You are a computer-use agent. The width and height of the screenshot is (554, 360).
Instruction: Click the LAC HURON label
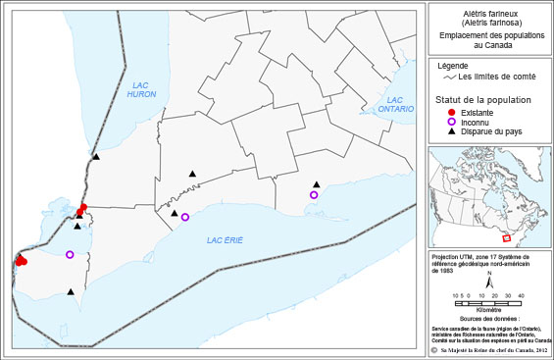click(x=143, y=94)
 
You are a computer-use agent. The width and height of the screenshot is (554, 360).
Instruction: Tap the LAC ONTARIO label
click(x=395, y=104)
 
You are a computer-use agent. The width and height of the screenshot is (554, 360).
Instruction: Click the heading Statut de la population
click(x=484, y=101)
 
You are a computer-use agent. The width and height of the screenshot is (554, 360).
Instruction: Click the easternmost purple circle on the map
click(x=314, y=195)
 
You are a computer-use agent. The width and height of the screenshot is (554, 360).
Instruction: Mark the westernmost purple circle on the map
click(x=70, y=255)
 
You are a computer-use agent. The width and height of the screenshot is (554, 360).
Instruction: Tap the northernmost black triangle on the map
click(x=96, y=156)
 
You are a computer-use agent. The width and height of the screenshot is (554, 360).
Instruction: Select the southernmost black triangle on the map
click(x=71, y=291)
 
